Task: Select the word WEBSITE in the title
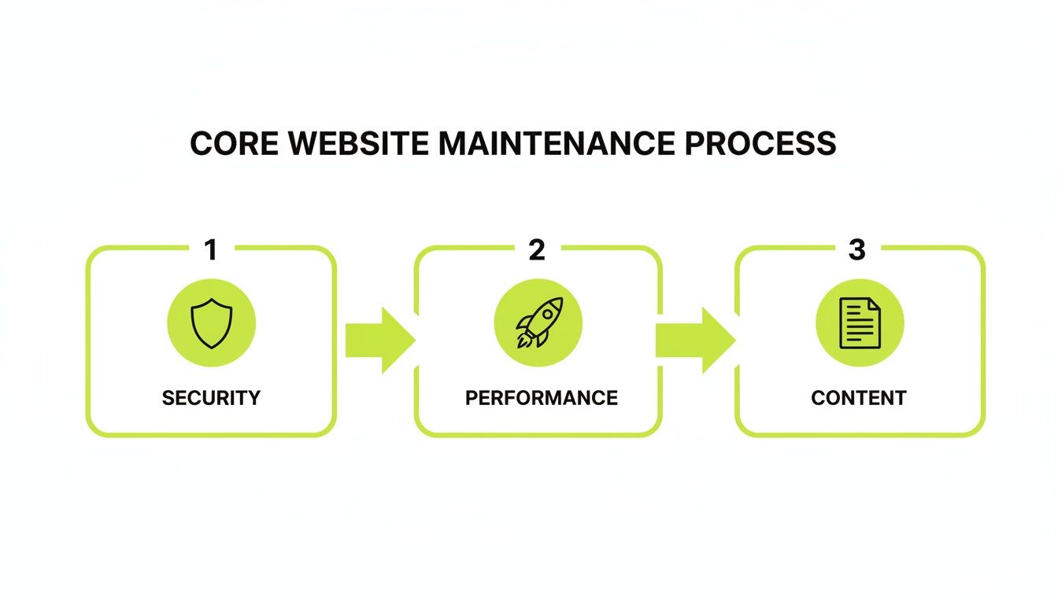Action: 357,144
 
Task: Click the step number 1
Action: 210,250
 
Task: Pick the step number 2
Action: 537,250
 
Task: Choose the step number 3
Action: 857,250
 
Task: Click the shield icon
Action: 212,323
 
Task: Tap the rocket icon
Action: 538,323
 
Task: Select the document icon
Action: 860,323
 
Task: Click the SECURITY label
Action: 211,398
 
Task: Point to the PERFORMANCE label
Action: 541,398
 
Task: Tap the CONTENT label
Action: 859,398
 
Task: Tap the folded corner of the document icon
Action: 874,304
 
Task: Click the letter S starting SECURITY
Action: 168,398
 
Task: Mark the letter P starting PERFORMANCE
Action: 471,398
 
